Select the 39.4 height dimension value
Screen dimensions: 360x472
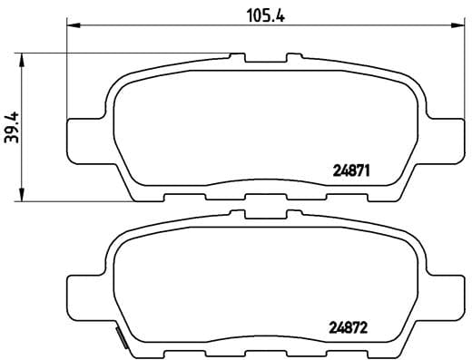12,127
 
